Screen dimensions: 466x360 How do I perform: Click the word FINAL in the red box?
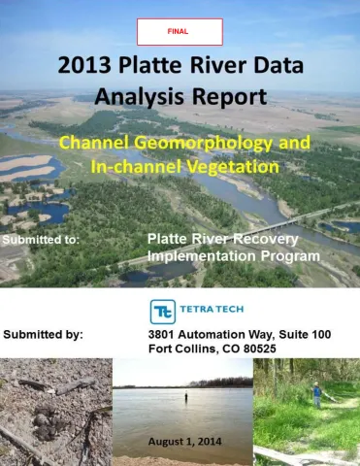pos(180,31)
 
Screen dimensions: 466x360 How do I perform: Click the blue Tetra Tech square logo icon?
pos(163,311)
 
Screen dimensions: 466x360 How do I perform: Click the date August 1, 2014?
pos(184,442)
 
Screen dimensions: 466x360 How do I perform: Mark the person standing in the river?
pos(184,398)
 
